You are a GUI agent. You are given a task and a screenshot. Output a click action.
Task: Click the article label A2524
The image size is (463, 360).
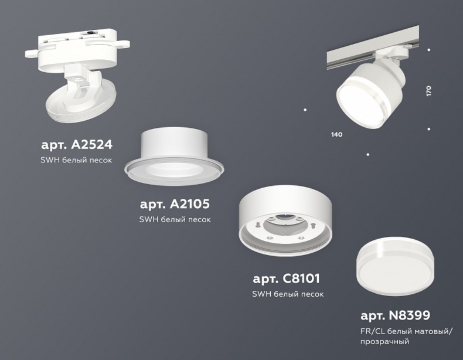[76, 144]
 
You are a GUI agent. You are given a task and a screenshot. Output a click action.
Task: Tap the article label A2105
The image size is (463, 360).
[175, 204]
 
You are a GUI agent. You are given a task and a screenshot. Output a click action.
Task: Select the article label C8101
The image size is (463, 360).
[287, 279]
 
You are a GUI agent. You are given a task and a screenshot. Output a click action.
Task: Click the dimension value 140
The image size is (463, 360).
[336, 135]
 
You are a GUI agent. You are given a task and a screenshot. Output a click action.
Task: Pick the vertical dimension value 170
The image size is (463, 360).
[429, 91]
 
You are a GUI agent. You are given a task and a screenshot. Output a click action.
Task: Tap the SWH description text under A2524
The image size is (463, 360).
[76, 160]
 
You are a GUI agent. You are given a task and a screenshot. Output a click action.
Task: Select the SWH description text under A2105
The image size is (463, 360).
[175, 220]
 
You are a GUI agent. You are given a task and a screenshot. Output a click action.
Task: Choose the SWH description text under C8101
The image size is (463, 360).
[287, 294]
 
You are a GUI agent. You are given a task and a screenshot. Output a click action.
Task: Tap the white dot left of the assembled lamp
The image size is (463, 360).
[305, 109]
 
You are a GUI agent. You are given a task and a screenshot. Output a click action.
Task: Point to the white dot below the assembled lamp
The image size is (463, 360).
[367, 154]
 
